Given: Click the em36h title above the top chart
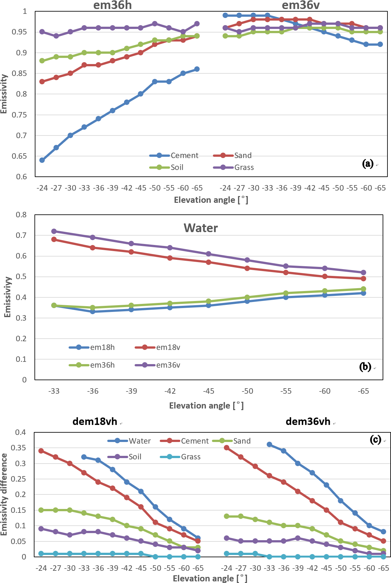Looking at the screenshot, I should (112, 5).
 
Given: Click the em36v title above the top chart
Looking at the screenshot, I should (300, 5).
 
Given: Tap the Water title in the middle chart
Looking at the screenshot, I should (201, 228).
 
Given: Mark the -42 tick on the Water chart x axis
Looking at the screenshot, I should (170, 391).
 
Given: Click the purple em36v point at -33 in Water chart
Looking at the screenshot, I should (54, 231).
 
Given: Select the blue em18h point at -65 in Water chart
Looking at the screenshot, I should (363, 293).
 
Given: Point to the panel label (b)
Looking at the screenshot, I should (365, 367).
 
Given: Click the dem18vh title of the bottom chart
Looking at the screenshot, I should (95, 421).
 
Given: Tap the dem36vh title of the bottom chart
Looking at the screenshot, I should (308, 421).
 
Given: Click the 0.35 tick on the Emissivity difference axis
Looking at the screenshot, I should (18, 448).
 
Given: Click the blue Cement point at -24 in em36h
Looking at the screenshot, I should (42, 160).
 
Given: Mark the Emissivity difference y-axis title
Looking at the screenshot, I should (4, 494).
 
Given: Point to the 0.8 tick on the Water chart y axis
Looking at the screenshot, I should (22, 215).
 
